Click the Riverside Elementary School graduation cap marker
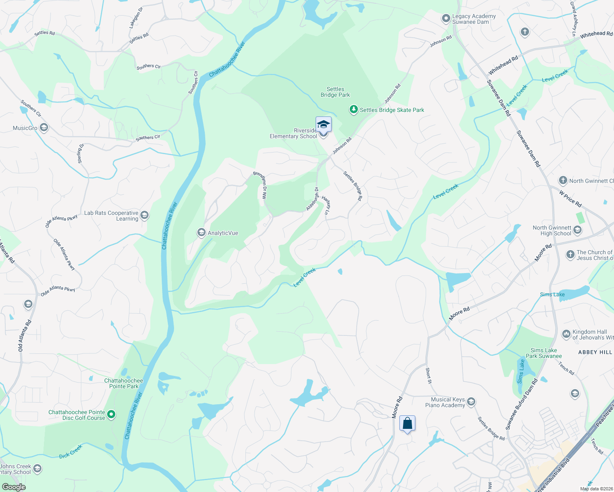pos(323,124)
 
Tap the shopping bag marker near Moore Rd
pos(407,423)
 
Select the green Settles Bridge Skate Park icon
pos(353,109)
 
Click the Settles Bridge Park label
pos(335,92)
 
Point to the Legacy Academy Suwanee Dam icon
pos(446,19)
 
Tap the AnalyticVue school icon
pos(201,233)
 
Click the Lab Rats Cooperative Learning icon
pos(144,215)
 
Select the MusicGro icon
pos(44,128)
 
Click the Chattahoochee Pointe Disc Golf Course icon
pos(111,415)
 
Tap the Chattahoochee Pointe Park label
pos(124,383)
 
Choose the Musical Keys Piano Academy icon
pos(471,402)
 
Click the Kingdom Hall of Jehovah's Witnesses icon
pos(566,334)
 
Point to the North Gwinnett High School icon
pos(577,230)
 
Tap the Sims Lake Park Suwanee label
pos(543,353)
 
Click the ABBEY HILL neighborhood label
pos(595,352)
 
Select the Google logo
pos(14,487)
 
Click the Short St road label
pos(428,376)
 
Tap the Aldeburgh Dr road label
pos(312,199)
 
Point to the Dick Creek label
pos(71,451)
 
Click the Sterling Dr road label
pos(81,153)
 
